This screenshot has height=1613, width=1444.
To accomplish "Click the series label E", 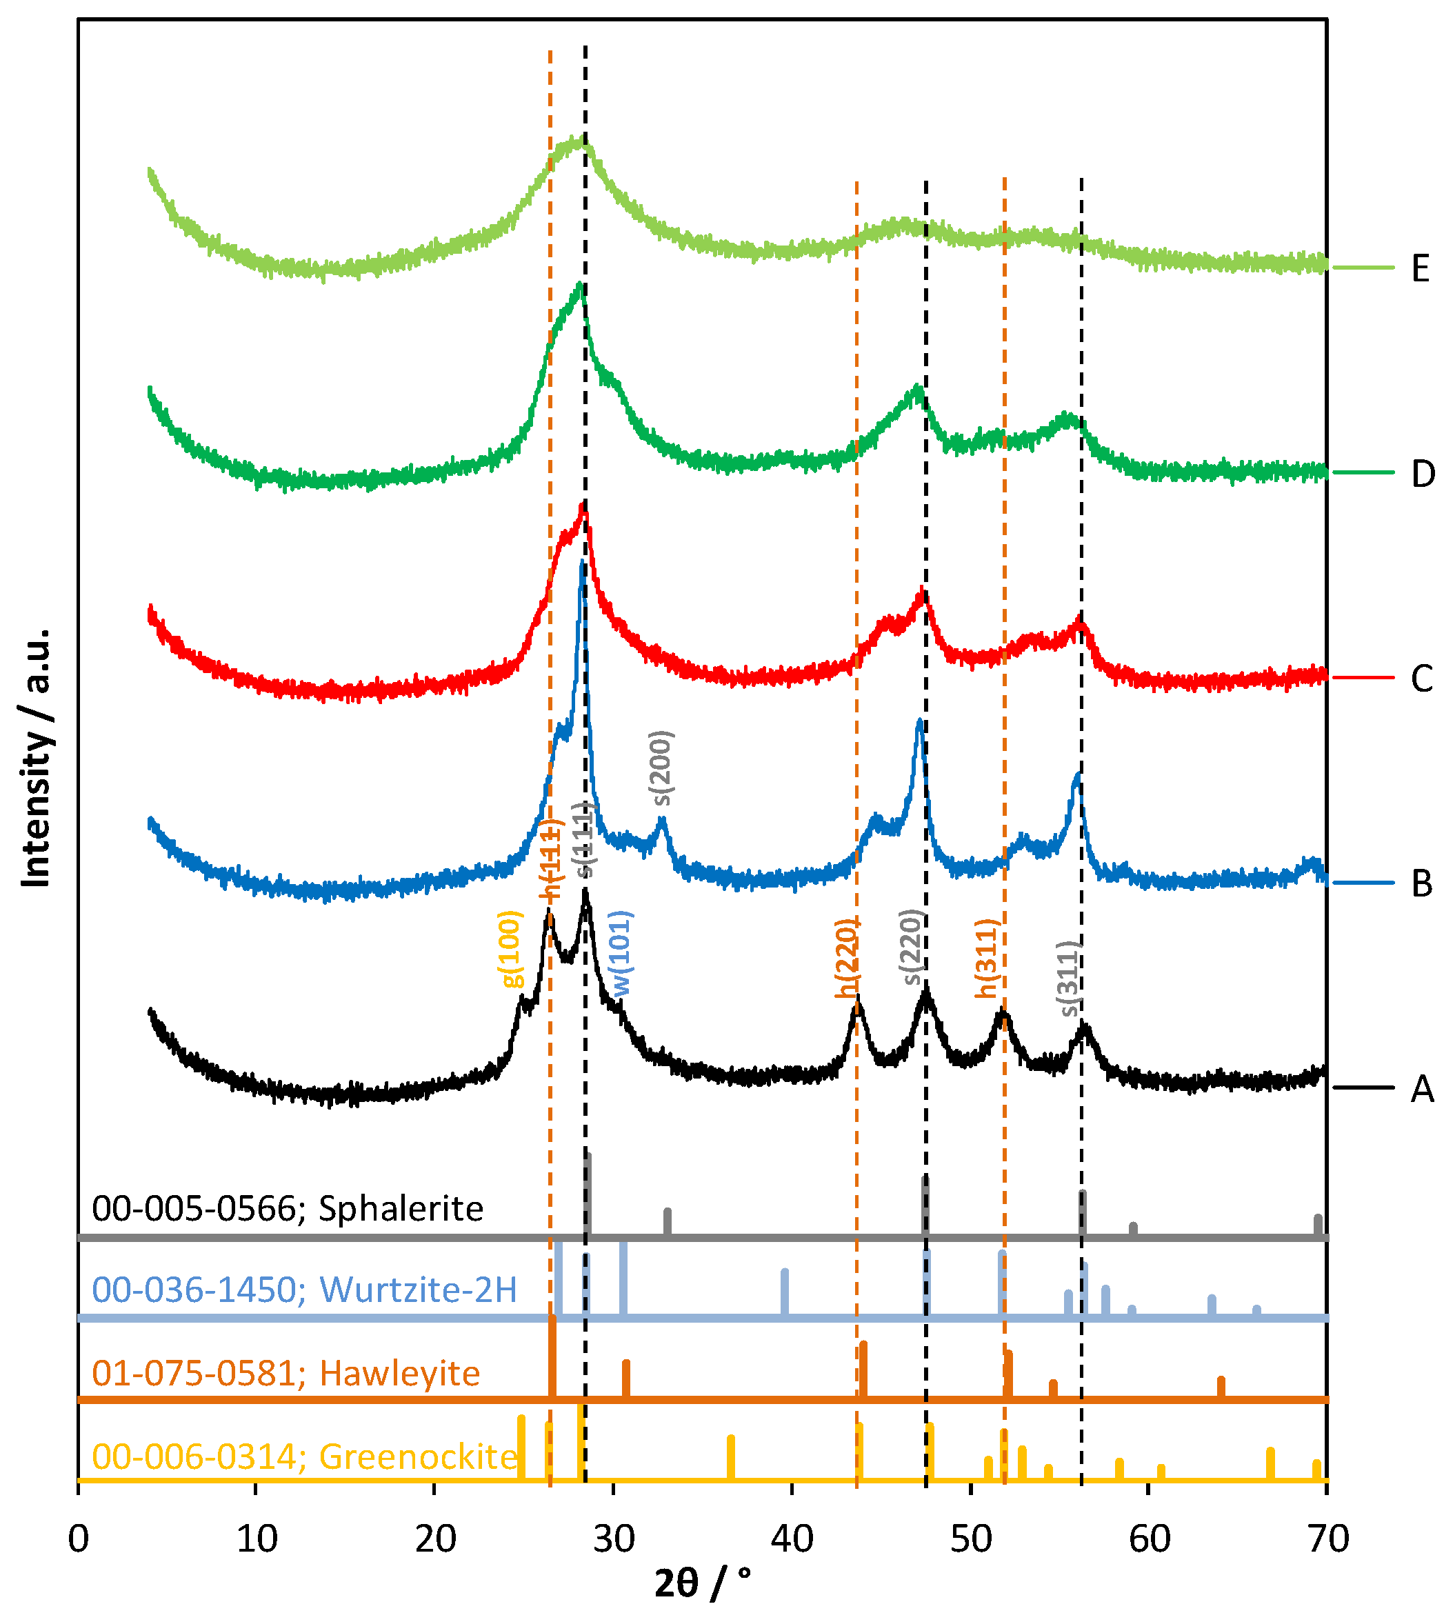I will [x=1421, y=268].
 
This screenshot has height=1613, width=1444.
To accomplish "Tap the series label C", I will [x=1422, y=679].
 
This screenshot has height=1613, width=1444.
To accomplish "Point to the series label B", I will [x=1422, y=884].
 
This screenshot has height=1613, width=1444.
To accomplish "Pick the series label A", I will [x=1422, y=1090].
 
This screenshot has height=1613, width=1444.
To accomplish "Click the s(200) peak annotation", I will [x=663, y=768].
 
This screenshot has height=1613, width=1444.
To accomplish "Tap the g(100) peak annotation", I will [x=512, y=949].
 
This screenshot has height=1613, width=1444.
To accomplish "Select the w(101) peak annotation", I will [x=621, y=953].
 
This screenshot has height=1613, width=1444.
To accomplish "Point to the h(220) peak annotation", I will [x=847, y=959].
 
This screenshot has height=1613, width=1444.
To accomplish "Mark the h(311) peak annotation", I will [x=986, y=959].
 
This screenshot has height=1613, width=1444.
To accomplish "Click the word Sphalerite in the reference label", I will [x=401, y=1208].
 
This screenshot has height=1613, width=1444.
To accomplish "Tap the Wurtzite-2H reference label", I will [x=418, y=1290].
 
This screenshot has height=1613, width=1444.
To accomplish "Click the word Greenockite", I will [x=418, y=1456].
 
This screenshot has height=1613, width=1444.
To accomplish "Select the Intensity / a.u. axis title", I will [x=36, y=758].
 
